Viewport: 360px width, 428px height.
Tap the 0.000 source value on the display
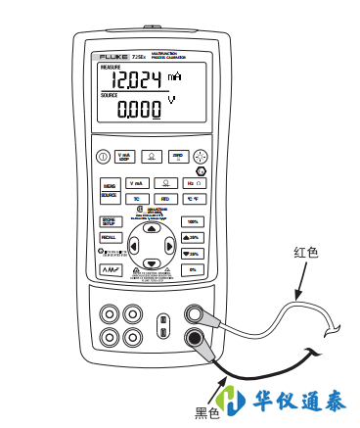pos(138,111)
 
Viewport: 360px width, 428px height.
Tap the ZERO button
pos(178,156)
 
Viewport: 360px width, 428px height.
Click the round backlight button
pos(202,156)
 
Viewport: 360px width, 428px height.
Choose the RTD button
pos(164,199)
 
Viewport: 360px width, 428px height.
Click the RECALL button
pos(109,238)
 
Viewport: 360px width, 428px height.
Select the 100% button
pos(193,222)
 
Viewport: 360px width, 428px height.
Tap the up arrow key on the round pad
pos(152,228)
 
